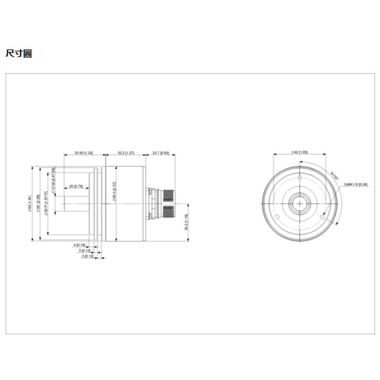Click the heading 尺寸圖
[x=18, y=53]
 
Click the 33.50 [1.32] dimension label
[x=84, y=153]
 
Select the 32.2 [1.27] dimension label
[x=125, y=153]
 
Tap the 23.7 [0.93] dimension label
[x=160, y=153]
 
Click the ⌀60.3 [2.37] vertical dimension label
[x=115, y=193]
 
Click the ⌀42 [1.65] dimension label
[x=299, y=152]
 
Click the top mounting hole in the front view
[x=299, y=178]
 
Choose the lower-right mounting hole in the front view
[x=322, y=217]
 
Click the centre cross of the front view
[x=299, y=204]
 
